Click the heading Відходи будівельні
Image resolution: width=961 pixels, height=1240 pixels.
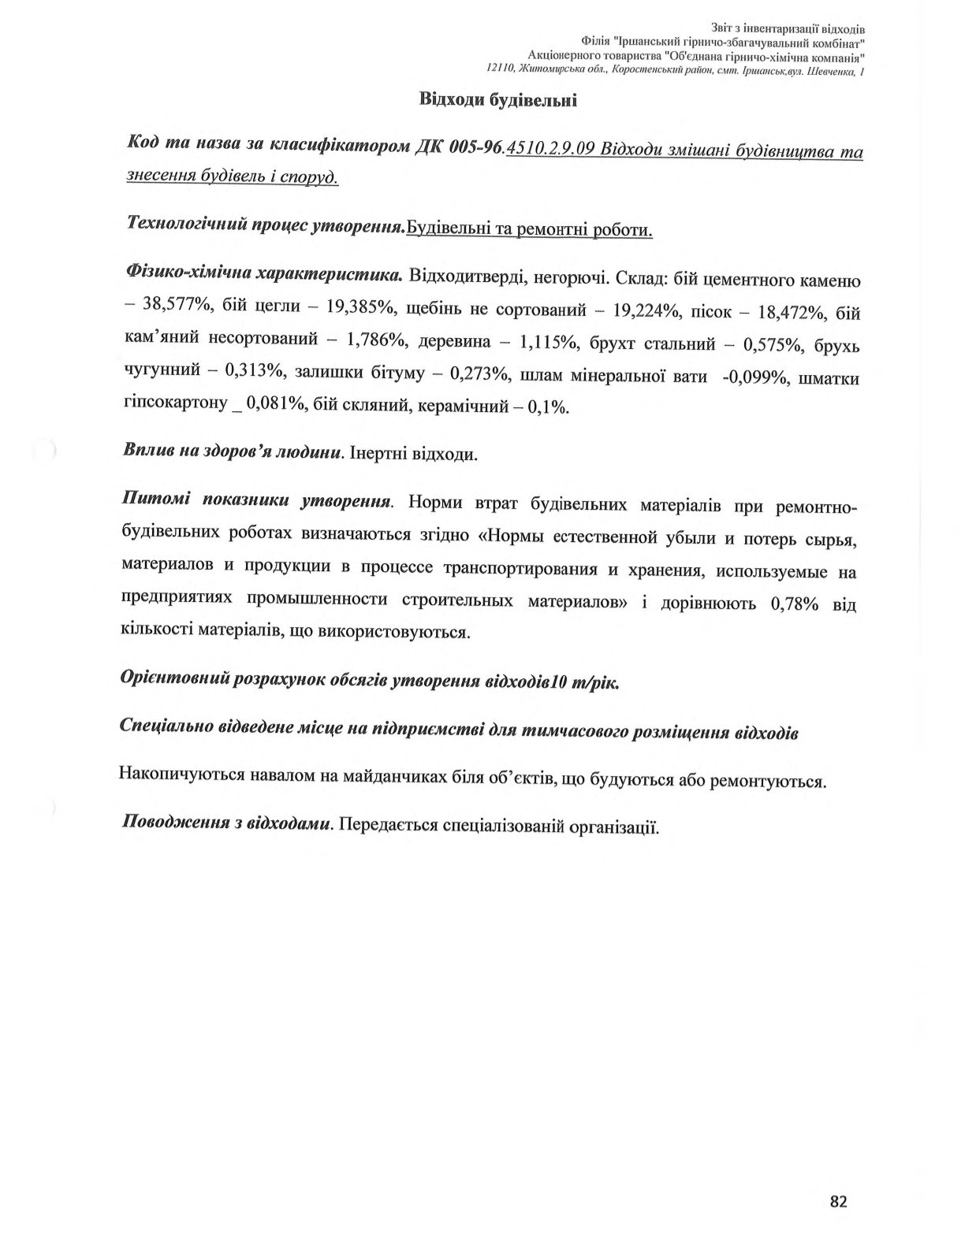point(498,100)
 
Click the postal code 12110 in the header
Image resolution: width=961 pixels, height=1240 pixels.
point(501,70)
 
